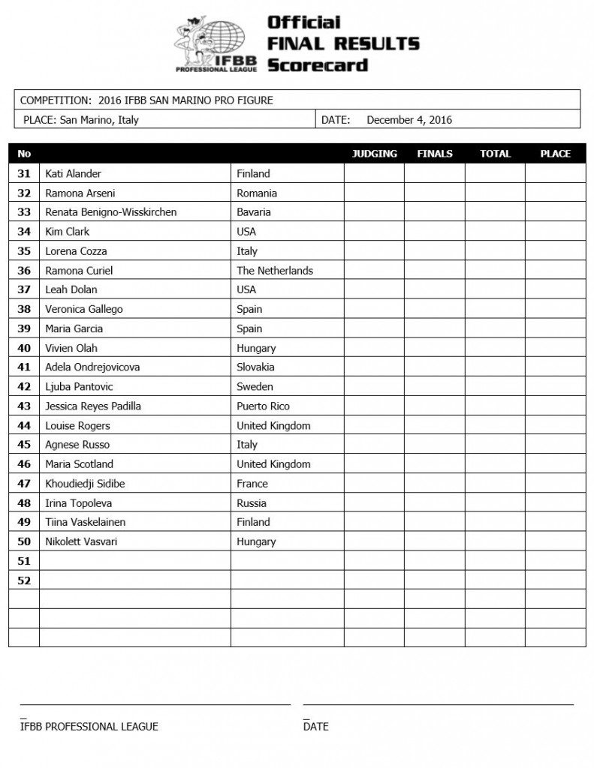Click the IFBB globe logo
point(217,43)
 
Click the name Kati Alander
point(73,174)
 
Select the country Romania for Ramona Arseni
point(256,193)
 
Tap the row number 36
point(24,271)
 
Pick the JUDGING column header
point(374,154)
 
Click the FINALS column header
point(435,154)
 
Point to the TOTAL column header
point(495,154)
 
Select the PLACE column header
point(555,154)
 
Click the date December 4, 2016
point(409,120)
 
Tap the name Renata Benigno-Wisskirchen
point(110,212)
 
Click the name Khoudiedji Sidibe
point(84,484)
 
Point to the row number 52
point(24,580)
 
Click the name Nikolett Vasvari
point(80,541)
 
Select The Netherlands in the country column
point(274,271)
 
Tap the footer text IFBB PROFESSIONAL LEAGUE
point(89,726)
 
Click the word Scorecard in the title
point(318,64)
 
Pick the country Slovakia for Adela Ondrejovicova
point(255,367)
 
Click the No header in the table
point(24,154)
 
